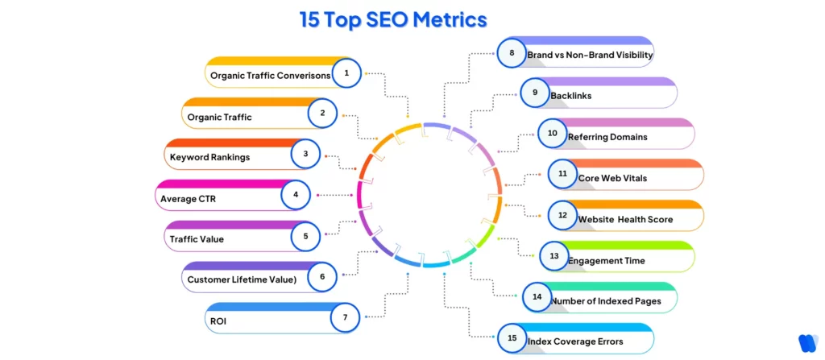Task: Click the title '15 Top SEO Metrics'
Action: pyautogui.click(x=393, y=19)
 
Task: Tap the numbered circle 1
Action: pyautogui.click(x=346, y=74)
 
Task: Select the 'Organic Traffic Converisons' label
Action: pyautogui.click(x=270, y=76)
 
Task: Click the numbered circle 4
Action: pyautogui.click(x=296, y=194)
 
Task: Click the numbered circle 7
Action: pyautogui.click(x=345, y=317)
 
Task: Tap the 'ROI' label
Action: pyautogui.click(x=218, y=320)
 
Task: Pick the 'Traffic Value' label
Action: pyautogui.click(x=197, y=239)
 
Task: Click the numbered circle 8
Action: pyautogui.click(x=511, y=53)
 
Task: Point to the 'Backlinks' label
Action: pyautogui.click(x=570, y=96)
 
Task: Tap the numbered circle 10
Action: pyautogui.click(x=552, y=134)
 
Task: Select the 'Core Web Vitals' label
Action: pyautogui.click(x=612, y=177)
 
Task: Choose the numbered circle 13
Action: pyautogui.click(x=553, y=256)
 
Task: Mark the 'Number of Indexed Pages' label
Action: pyautogui.click(x=605, y=300)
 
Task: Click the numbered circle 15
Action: pyautogui.click(x=511, y=338)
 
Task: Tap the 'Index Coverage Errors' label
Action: pyautogui.click(x=574, y=341)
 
